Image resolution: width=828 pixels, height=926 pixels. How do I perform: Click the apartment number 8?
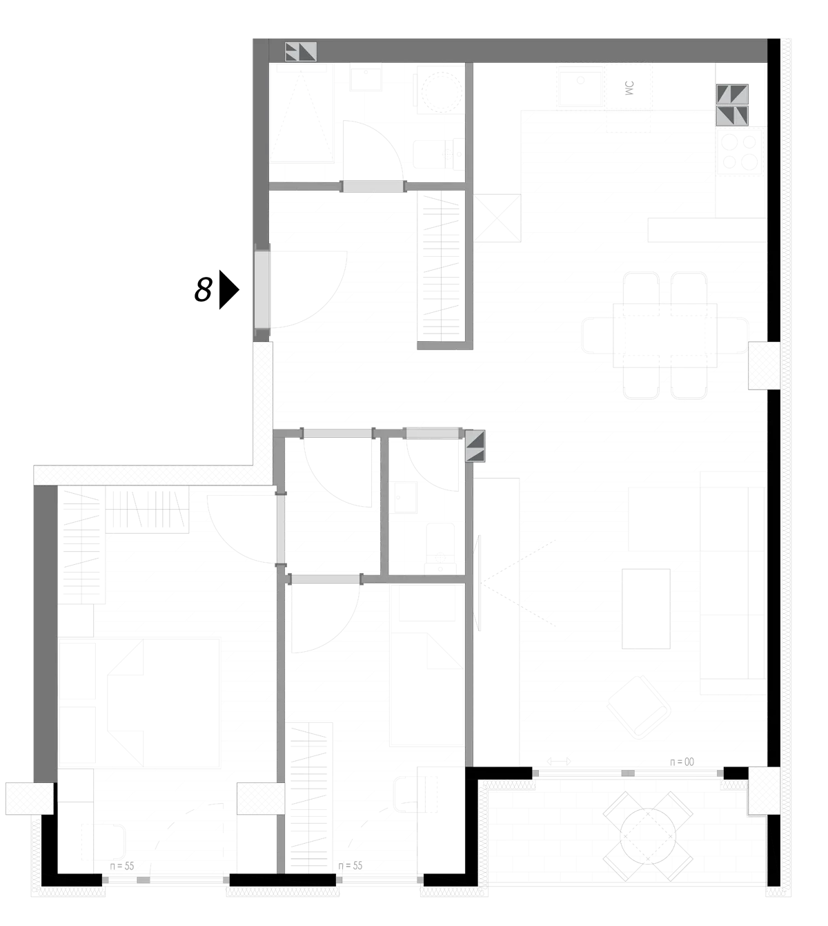204,289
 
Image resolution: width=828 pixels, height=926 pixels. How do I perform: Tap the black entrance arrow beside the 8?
228,290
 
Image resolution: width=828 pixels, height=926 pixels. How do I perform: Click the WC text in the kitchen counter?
629,88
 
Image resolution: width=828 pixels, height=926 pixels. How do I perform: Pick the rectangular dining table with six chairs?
665,336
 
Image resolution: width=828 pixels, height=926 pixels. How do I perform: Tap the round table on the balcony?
648,836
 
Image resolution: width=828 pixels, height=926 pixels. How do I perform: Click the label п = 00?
682,762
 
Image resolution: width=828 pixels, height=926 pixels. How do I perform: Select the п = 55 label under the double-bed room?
122,866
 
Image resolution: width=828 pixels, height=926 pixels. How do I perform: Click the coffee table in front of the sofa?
646,609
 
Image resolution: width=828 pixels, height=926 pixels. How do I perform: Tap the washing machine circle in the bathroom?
441,92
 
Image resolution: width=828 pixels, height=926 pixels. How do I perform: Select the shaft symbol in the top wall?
301,52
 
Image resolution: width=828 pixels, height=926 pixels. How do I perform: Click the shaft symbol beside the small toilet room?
475,446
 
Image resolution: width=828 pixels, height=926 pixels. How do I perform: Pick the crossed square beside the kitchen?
497,218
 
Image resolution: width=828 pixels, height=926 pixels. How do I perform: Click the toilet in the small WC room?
440,549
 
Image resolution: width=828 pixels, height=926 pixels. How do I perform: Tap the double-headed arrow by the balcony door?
559,762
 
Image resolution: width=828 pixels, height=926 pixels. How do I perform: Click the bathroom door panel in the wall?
373,186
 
